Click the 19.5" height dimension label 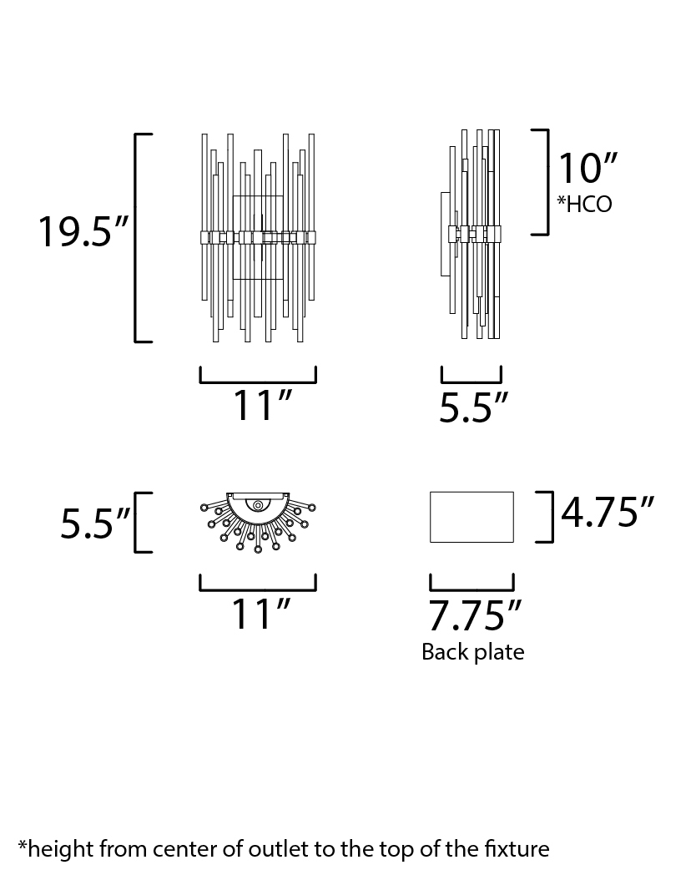coord(83,231)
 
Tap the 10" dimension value coord(588,168)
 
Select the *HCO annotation coord(584,205)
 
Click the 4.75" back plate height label coord(608,511)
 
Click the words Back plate coord(473,652)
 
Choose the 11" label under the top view coord(260,614)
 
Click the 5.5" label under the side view coord(473,407)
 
